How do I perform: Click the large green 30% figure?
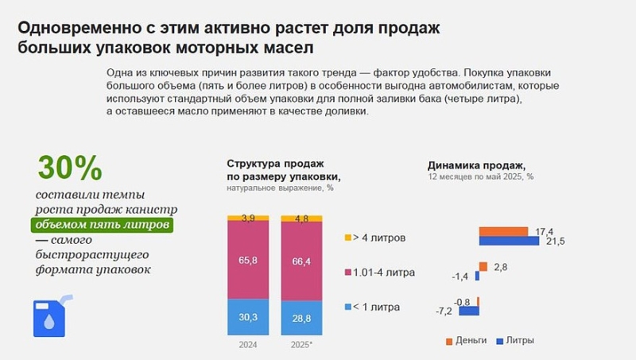(70, 168)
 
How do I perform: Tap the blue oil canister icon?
(51, 315)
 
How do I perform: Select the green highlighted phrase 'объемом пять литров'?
(103, 225)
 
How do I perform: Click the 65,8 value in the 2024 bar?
(248, 259)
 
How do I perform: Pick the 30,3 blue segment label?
(248, 316)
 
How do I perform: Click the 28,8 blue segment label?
(301, 317)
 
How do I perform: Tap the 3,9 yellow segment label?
(248, 218)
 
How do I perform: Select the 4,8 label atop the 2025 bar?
(301, 219)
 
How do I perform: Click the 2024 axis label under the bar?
(248, 345)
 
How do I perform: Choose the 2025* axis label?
(302, 345)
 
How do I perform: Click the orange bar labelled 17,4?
(503, 231)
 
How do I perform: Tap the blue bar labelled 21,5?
(510, 241)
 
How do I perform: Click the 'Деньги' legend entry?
(466, 340)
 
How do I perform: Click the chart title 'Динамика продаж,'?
(465, 165)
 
